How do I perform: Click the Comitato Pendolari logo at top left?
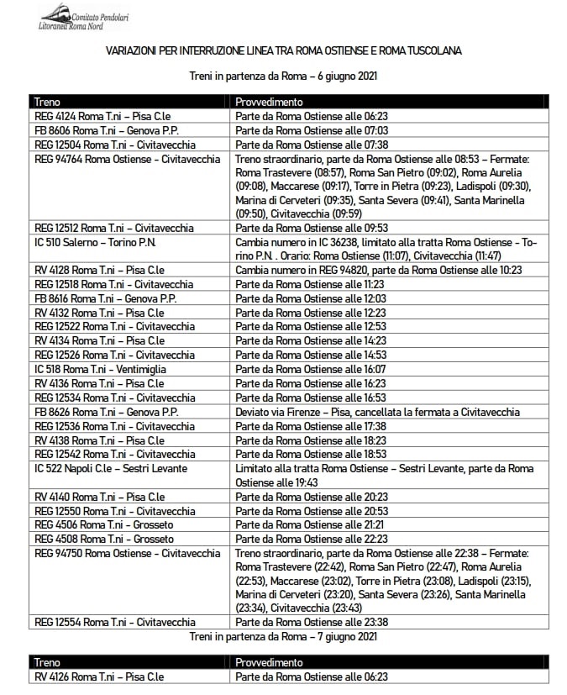pos(84,17)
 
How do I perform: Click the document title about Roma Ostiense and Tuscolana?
pos(283,51)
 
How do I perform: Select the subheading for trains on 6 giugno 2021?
pos(283,76)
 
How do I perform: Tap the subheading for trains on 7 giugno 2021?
pos(283,637)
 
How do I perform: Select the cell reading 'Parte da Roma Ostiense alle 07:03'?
pos(312,130)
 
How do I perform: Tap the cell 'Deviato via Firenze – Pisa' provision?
pos(377,412)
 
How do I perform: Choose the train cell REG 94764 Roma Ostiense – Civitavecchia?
pos(127,159)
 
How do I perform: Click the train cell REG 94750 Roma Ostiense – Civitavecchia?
pos(127,553)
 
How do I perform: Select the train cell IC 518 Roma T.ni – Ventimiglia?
pos(100,369)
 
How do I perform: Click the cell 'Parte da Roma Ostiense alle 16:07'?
pos(312,369)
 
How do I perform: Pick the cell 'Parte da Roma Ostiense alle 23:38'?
pos(312,622)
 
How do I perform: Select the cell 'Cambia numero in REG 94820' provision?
pos(379,270)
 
